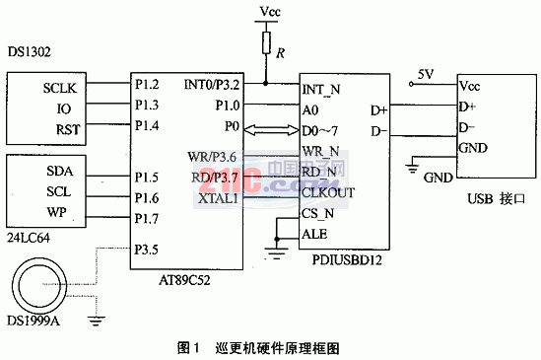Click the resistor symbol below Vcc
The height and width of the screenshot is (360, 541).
[x=265, y=41]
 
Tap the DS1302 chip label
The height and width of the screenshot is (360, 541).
[x=29, y=49]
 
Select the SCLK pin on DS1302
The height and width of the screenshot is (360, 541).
[x=59, y=87]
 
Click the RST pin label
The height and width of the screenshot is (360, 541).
[x=67, y=128]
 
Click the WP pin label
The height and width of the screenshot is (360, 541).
[x=57, y=212]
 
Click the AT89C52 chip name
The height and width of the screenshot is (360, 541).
[x=190, y=278]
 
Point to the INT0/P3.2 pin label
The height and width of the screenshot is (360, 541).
[x=212, y=86]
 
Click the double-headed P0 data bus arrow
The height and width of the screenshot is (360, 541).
[x=269, y=128]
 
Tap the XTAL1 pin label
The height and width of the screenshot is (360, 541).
[x=219, y=198]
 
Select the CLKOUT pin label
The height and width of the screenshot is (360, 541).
[x=328, y=193]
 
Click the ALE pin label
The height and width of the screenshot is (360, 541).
[x=313, y=235]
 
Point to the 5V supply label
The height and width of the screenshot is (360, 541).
[x=425, y=74]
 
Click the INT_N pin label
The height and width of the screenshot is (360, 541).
[x=321, y=89]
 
